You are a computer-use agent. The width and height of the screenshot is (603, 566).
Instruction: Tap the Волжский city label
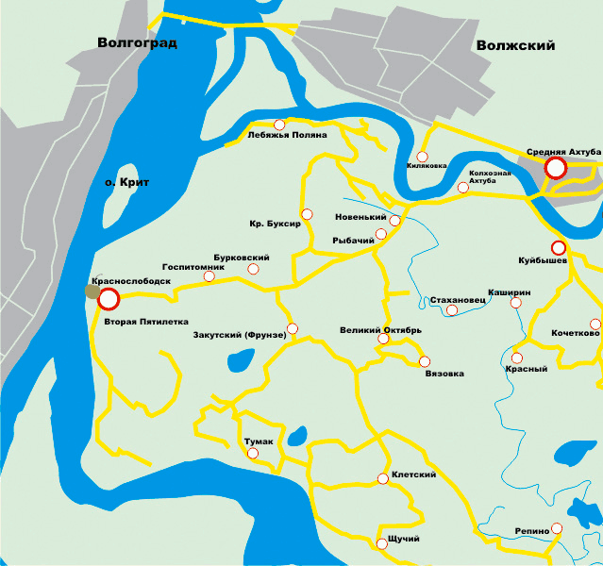[515, 45]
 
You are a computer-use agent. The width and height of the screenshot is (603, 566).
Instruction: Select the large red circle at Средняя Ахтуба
[556, 168]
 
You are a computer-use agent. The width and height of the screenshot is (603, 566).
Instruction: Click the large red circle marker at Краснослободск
[109, 299]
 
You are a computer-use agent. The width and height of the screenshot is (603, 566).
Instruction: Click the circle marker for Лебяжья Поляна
[278, 125]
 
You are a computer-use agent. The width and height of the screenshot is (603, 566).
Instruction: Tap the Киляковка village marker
[422, 157]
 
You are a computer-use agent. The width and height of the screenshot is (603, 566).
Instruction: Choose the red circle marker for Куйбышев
[558, 247]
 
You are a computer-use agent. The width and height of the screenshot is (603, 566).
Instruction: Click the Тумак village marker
[252, 454]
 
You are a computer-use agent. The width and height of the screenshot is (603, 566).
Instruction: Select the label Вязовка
[444, 374]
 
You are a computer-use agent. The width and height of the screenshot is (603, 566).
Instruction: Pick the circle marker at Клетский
[382, 479]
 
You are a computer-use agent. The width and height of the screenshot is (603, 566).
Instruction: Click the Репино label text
[532, 531]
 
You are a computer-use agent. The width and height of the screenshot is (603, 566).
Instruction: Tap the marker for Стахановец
[452, 310]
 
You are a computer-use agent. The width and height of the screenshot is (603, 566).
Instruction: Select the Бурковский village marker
[253, 270]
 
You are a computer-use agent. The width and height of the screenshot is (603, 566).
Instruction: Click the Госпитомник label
[193, 267]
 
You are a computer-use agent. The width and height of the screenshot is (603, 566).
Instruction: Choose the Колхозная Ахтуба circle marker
[462, 188]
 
